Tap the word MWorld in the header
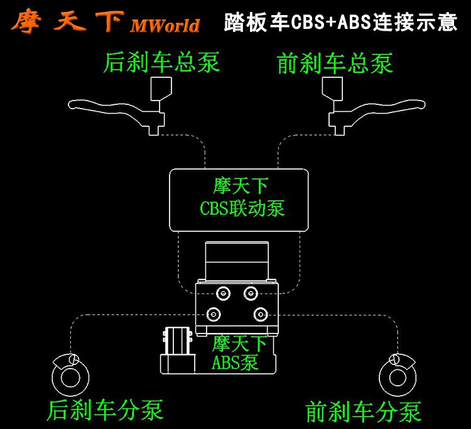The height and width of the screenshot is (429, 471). pyautogui.click(x=165, y=25)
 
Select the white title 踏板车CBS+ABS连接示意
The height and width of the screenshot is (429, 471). pyautogui.click(x=340, y=23)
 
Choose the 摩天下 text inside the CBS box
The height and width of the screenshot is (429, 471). pyautogui.click(x=241, y=186)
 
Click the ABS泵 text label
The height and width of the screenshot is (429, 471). pyautogui.click(x=235, y=362)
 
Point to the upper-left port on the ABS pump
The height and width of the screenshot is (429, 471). pyautogui.click(x=221, y=292)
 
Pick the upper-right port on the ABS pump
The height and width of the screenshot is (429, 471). pyautogui.click(x=251, y=292)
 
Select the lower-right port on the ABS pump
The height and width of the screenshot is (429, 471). pyautogui.click(x=259, y=314)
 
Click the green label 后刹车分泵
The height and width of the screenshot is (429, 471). pyautogui.click(x=105, y=409)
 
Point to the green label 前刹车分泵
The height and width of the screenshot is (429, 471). pyautogui.click(x=363, y=411)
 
